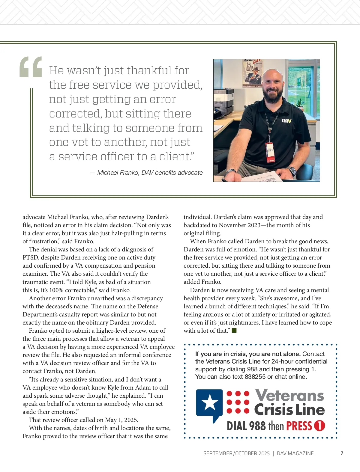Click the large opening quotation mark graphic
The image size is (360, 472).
(x=31, y=67)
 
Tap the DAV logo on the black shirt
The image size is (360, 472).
(x=286, y=121)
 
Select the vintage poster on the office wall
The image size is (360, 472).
(x=253, y=73)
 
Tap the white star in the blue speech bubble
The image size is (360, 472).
(x=209, y=402)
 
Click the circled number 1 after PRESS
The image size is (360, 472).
(x=319, y=426)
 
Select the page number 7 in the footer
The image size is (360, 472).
(x=342, y=453)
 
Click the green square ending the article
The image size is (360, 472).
(x=234, y=331)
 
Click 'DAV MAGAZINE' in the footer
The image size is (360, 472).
(x=295, y=453)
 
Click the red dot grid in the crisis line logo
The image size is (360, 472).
(x=238, y=402)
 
